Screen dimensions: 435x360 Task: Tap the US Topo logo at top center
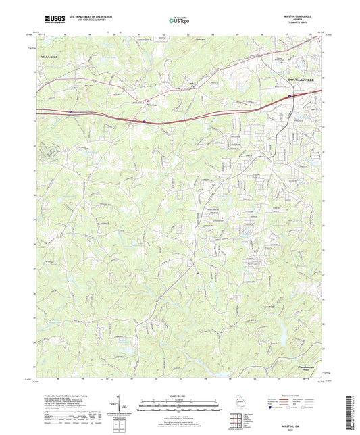(176, 20)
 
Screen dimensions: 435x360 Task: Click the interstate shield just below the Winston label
(145, 122)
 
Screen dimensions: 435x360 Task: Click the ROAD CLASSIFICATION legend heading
(296, 394)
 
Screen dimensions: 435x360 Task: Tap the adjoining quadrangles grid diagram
(236, 420)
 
